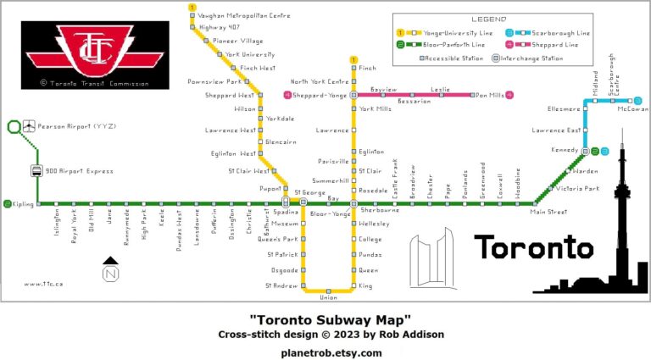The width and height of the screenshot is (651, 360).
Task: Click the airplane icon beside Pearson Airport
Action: click(x=30, y=126)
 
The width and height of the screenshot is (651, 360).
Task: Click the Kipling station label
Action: click(x=23, y=203)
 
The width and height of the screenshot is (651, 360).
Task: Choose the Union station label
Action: click(x=328, y=297)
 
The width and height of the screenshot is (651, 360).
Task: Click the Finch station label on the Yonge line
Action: click(x=367, y=68)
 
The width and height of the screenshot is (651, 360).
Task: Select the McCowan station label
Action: click(x=627, y=109)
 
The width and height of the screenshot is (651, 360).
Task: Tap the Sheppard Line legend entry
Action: click(x=561, y=44)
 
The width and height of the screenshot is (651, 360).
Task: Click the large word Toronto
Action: click(x=533, y=247)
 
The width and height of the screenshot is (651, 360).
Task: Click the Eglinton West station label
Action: click(x=236, y=154)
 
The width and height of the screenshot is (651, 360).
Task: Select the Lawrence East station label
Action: click(x=556, y=130)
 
